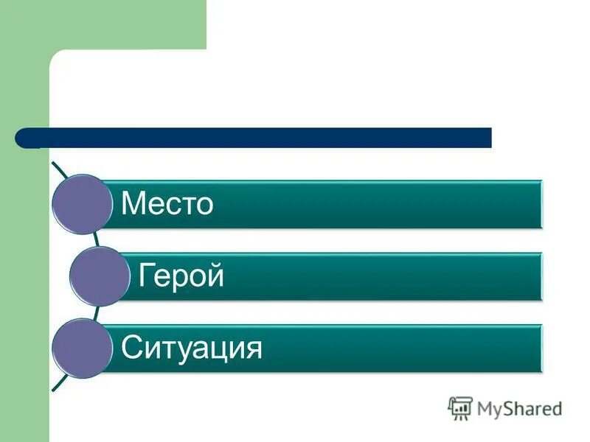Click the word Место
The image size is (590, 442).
tap(167, 203)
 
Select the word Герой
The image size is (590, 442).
tap(181, 276)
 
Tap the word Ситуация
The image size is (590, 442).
tap(192, 348)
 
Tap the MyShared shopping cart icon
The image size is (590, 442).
tap(460, 408)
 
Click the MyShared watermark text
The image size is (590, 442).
tap(519, 408)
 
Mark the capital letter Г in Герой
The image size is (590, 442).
tap(145, 276)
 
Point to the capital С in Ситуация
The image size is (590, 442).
tap(131, 347)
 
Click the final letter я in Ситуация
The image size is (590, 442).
tap(254, 348)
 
